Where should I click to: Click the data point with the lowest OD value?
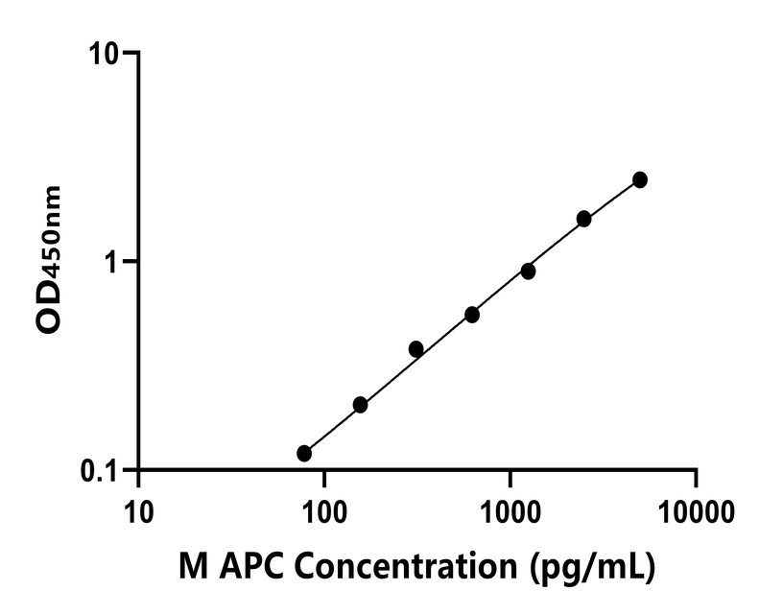304,453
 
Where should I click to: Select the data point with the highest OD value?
640,179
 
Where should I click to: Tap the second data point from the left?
360,405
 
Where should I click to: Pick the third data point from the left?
416,348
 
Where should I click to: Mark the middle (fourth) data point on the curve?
472,315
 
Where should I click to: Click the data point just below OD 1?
528,272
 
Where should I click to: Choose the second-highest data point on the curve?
584,219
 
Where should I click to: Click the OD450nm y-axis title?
50,260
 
